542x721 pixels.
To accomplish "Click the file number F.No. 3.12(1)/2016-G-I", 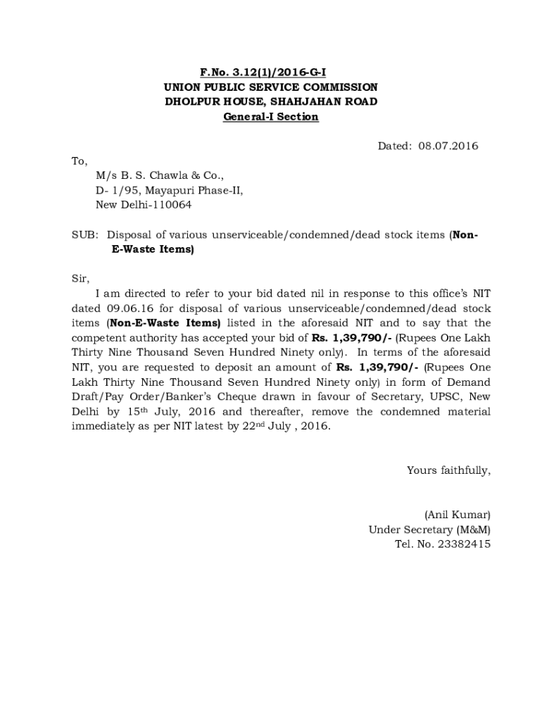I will [270, 72].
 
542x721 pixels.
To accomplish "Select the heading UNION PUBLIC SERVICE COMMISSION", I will [270, 87].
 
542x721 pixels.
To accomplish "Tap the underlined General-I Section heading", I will [270, 116].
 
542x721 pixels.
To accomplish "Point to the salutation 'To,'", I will [79, 161].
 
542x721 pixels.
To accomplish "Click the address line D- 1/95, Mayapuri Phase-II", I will [170, 190].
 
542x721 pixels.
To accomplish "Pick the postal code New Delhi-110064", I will [143, 205].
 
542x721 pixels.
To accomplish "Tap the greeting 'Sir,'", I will [80, 279].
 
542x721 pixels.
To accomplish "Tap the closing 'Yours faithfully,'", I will [448, 470].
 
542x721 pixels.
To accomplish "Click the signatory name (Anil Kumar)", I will [456, 514].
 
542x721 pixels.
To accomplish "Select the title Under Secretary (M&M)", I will [429, 529].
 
